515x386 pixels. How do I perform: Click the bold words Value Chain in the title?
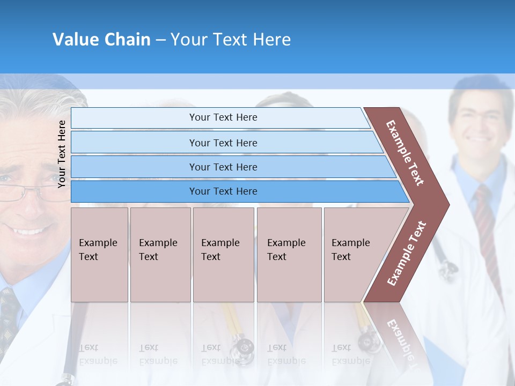pyautogui.click(x=101, y=40)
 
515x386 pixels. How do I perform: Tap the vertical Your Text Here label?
pyautogui.click(x=62, y=154)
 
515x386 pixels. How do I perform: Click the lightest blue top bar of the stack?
pyautogui.click(x=223, y=117)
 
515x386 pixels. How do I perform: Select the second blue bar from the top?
pyautogui.click(x=223, y=143)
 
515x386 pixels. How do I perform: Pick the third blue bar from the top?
pyautogui.click(x=223, y=167)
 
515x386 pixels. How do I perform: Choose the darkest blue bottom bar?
pyautogui.click(x=223, y=191)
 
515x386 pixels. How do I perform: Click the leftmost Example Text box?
pyautogui.click(x=99, y=255)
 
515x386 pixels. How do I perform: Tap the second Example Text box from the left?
pyautogui.click(x=160, y=255)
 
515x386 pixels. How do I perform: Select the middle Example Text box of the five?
pyautogui.click(x=223, y=255)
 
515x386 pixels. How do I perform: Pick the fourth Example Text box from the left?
pyautogui.click(x=289, y=255)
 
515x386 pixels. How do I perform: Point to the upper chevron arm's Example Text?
pyautogui.click(x=406, y=152)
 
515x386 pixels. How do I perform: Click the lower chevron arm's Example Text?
pyautogui.click(x=407, y=253)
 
